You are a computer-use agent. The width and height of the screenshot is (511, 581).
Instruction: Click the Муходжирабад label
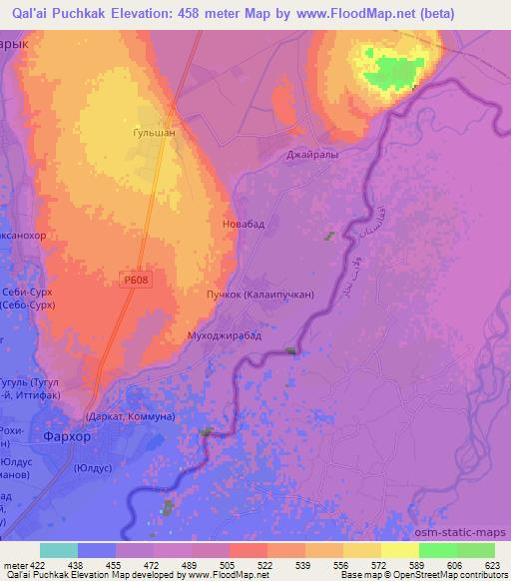click(x=225, y=335)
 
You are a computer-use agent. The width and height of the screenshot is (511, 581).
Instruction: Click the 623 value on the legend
click(x=493, y=565)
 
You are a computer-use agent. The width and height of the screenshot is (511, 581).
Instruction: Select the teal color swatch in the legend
click(x=58, y=550)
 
